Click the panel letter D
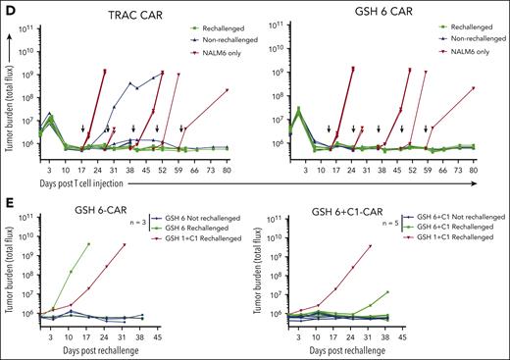click(7, 8)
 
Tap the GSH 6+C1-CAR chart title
click(349, 202)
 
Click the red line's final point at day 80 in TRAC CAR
click(227, 89)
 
